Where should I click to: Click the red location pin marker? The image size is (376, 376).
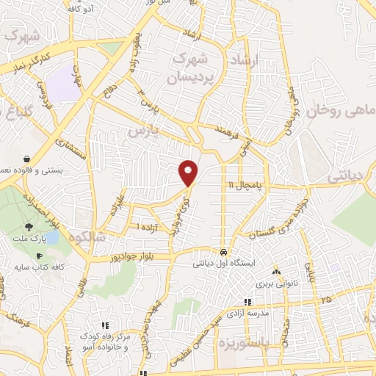pos(189,172)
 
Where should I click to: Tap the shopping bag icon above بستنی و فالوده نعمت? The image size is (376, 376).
pos(27,158)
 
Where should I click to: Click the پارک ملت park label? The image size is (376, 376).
pos(29,239)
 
